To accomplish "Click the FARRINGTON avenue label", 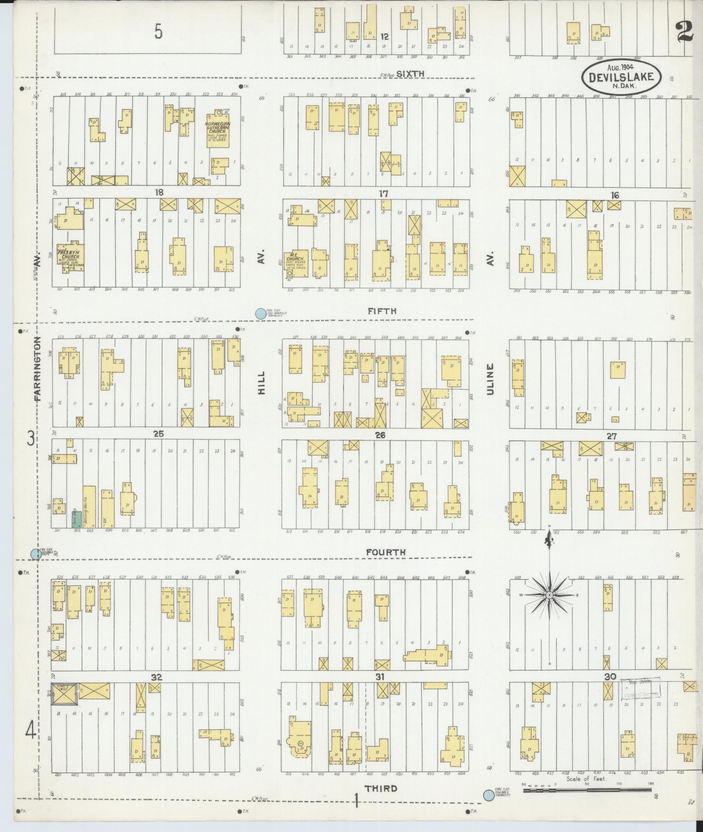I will pos(39,369).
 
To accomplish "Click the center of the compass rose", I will pos(549,595).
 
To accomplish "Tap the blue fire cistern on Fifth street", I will pos(260,314).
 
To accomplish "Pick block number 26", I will pos(380,435).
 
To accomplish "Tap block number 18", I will pos(160,192).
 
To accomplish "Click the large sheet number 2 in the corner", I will pos(685,30).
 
